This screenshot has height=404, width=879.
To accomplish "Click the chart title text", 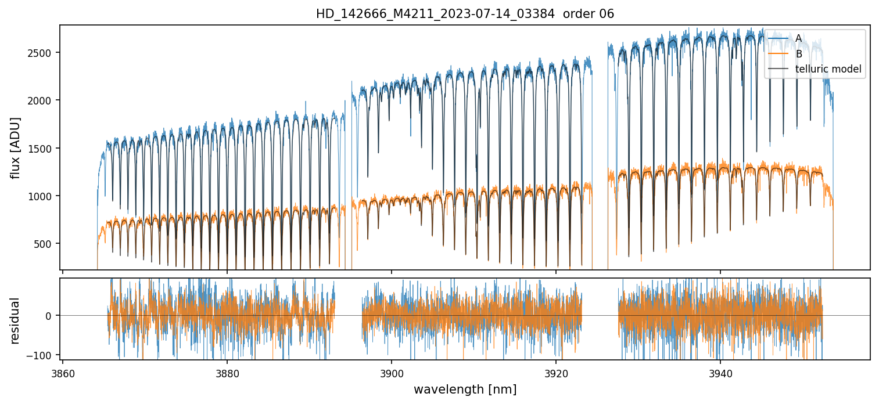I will [x=465, y=14].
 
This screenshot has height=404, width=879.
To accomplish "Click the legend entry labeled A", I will [x=798, y=38].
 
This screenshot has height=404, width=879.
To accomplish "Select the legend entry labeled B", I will [x=798, y=54].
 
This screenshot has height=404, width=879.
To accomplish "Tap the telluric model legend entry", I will [x=828, y=70].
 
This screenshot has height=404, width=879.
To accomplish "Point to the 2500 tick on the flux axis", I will [x=42, y=53].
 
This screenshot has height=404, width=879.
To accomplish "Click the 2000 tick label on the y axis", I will [x=42, y=100].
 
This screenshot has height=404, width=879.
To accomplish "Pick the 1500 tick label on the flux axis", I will [x=42, y=149].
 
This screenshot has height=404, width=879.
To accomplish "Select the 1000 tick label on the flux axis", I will [x=42, y=196].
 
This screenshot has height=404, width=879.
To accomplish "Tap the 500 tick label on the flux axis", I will [x=45, y=244].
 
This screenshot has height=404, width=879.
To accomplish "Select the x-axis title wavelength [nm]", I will [x=465, y=389].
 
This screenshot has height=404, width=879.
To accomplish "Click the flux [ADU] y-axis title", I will [x=15, y=147].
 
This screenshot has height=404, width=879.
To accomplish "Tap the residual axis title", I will [x=15, y=320].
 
